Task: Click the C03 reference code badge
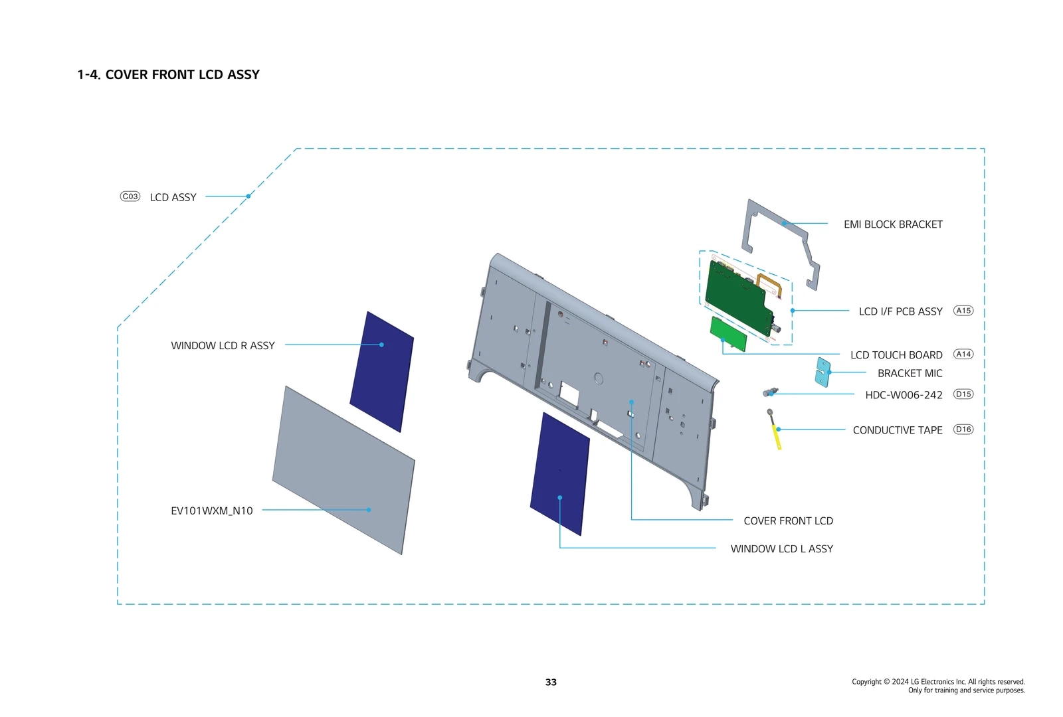[130, 197]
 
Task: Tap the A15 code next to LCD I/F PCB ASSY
[963, 311]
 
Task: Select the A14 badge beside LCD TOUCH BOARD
[963, 355]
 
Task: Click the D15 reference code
[963, 394]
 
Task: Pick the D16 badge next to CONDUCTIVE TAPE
[963, 430]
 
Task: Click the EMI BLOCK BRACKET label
[892, 224]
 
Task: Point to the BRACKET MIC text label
[909, 373]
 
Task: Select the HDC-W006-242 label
[903, 395]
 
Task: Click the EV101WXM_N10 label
[211, 511]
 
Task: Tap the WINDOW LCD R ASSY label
[223, 345]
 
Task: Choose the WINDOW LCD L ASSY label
[781, 549]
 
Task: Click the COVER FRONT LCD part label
[787, 521]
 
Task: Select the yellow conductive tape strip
[776, 436]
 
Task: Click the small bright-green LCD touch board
[728, 333]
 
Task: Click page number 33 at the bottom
[551, 682]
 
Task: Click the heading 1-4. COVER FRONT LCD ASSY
[168, 75]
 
